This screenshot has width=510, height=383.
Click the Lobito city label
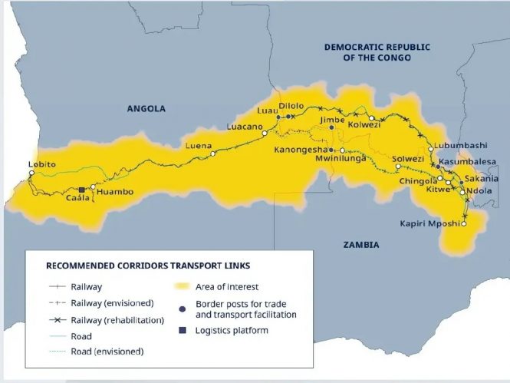point(41,163)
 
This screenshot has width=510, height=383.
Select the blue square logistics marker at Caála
point(81,190)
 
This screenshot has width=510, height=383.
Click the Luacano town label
point(244,126)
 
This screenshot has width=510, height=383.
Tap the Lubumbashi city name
point(460,145)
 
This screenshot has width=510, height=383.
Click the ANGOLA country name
point(146,109)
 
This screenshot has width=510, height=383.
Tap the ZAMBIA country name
point(360,245)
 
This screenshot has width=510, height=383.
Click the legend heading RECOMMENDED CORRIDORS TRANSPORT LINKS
point(148,266)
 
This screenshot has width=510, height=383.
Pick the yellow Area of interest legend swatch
point(180,286)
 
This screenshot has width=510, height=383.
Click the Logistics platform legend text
point(232,331)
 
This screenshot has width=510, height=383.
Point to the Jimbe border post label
point(333,120)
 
